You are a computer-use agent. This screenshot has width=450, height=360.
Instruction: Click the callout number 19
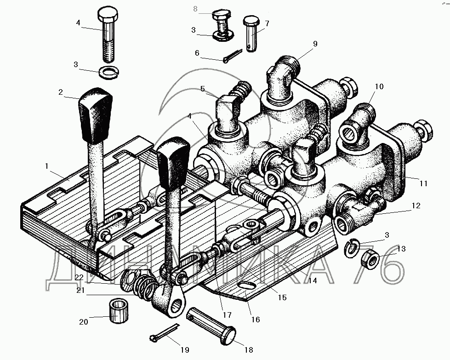point(185,350)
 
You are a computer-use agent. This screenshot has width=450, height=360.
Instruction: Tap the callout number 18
point(249,350)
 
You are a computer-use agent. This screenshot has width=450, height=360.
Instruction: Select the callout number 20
point(84,322)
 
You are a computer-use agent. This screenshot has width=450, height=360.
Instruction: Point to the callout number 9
point(315,44)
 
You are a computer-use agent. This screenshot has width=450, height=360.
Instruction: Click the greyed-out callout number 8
point(195,9)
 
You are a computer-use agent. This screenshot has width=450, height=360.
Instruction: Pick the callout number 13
point(401,249)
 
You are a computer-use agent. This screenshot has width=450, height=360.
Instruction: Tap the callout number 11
point(424,183)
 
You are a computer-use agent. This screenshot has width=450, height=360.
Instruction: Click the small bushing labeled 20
point(119,311)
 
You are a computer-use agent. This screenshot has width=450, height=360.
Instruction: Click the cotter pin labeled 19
point(164,333)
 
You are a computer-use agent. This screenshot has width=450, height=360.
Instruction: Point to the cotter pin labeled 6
point(232,56)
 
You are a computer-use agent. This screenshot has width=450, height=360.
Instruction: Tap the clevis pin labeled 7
point(251,34)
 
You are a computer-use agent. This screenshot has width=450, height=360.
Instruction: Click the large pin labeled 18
point(212,326)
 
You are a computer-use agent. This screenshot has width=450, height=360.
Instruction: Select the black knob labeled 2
point(95,117)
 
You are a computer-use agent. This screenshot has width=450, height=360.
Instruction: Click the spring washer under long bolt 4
point(109,73)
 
